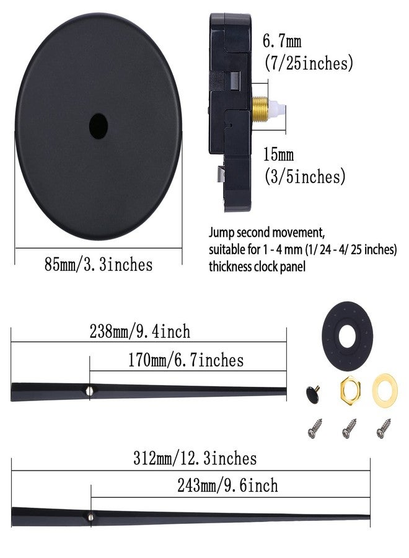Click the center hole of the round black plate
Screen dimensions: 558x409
pyautogui.click(x=98, y=125)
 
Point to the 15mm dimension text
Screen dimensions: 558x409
pyautogui.click(x=278, y=154)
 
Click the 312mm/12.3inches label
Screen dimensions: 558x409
pyautogui.click(x=195, y=459)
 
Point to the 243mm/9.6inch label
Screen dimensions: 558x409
pyautogui.click(x=227, y=485)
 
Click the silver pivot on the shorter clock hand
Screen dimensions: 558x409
pyautogui.click(x=90, y=390)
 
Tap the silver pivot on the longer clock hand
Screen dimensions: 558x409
pyautogui.click(x=91, y=514)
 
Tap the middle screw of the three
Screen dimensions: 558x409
pyautogui.click(x=350, y=427)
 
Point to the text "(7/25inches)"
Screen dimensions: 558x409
pyautogui.click(x=308, y=63)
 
